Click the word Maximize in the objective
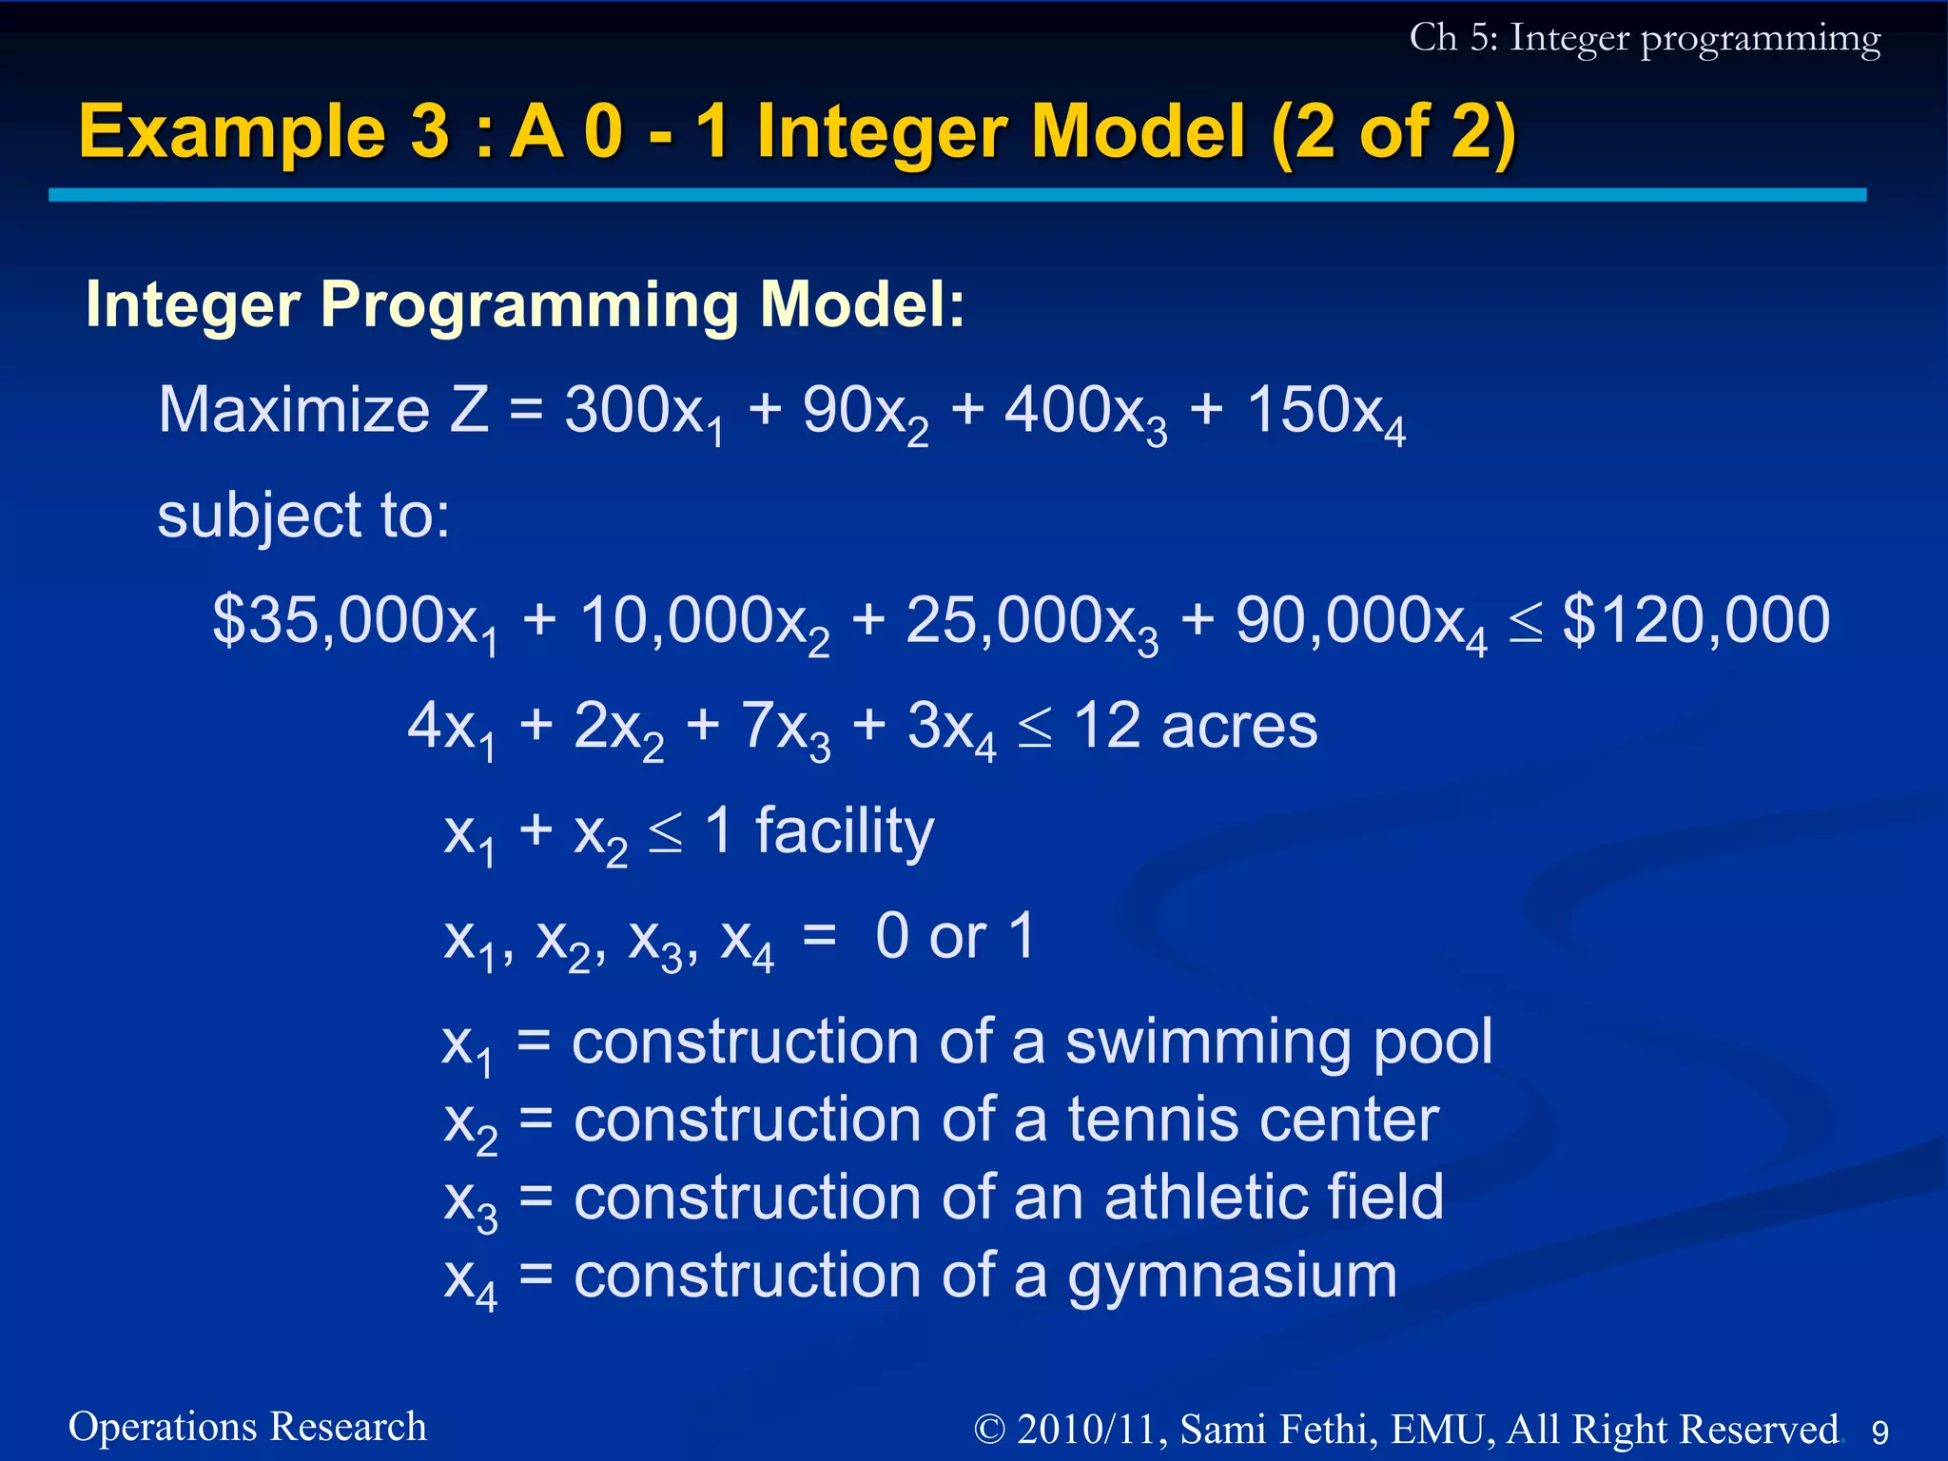click(x=294, y=411)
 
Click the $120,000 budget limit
click(x=1696, y=620)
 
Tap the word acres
click(x=1238, y=727)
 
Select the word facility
click(x=845, y=831)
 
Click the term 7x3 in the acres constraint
click(x=786, y=729)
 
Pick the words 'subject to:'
click(x=303, y=516)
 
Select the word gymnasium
click(x=1232, y=1276)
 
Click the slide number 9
click(x=1880, y=1432)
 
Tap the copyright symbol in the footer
click(x=989, y=1430)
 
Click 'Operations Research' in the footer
click(x=247, y=1427)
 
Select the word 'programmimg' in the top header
click(x=1760, y=40)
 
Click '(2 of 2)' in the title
click(x=1393, y=132)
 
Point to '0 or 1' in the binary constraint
click(x=954, y=937)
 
